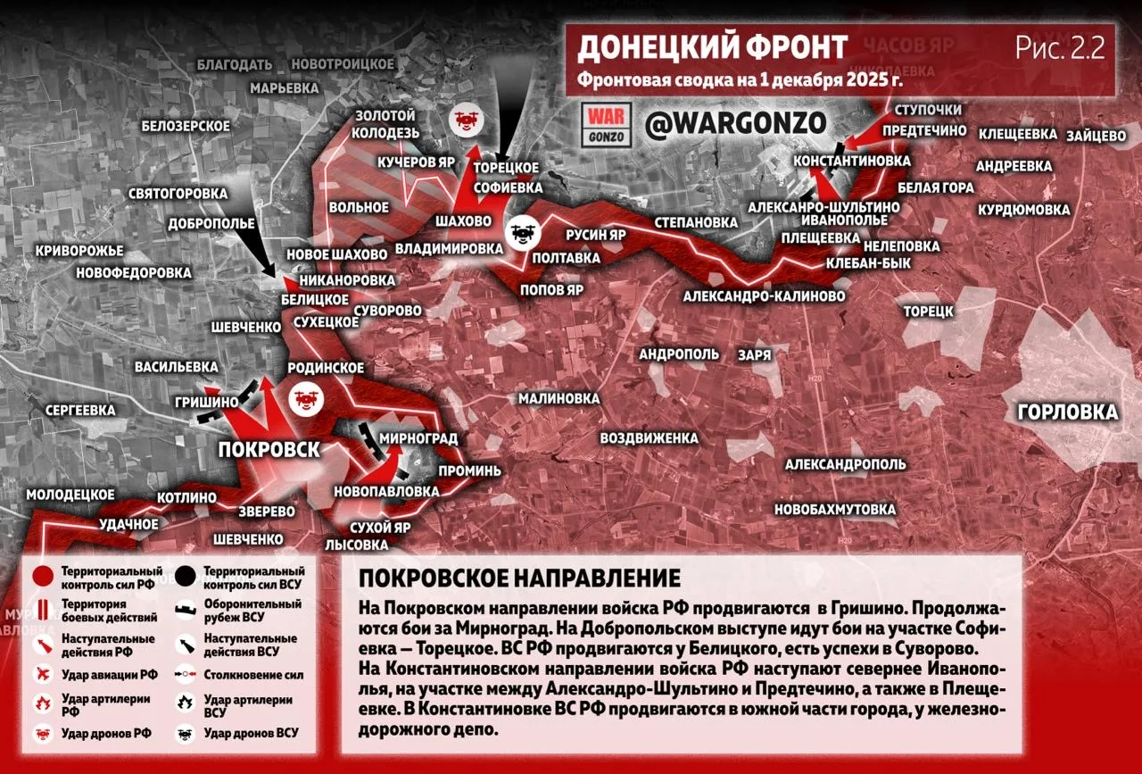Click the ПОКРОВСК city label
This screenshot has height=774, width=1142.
click(x=269, y=449)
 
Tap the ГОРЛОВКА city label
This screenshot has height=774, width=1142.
click(x=1066, y=412)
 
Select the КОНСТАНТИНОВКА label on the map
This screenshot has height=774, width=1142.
click(x=852, y=161)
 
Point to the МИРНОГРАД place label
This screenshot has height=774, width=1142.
click(x=418, y=438)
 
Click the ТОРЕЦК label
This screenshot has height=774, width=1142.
click(x=929, y=311)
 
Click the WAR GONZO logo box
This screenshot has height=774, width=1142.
click(x=607, y=125)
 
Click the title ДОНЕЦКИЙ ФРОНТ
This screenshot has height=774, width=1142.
click(x=712, y=47)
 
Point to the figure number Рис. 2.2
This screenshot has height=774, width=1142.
click(x=1059, y=47)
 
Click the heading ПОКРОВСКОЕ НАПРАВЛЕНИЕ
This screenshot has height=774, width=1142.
click(x=519, y=578)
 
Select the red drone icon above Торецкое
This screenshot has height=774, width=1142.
click(x=465, y=120)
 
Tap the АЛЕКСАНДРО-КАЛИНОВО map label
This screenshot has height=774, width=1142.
click(x=765, y=295)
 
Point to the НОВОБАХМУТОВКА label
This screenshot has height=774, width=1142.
click(x=835, y=510)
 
